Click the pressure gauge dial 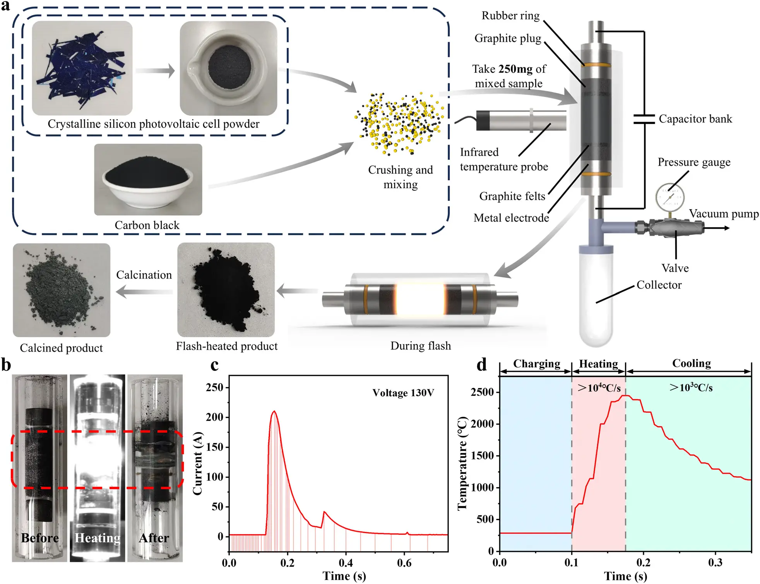[670, 197]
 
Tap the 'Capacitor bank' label [695, 119]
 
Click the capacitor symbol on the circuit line [644, 119]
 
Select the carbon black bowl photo [148, 180]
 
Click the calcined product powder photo [62, 290]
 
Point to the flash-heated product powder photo [226, 290]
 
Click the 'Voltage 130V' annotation [403, 393]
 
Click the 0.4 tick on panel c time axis [346, 562]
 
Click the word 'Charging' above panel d [536, 364]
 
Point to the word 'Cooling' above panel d [692, 363]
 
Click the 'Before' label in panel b [40, 538]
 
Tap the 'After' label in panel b [154, 538]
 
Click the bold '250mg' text [515, 69]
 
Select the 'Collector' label [659, 285]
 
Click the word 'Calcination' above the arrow [144, 275]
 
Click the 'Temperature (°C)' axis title [463, 463]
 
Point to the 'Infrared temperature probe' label [503, 159]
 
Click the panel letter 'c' [214, 365]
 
